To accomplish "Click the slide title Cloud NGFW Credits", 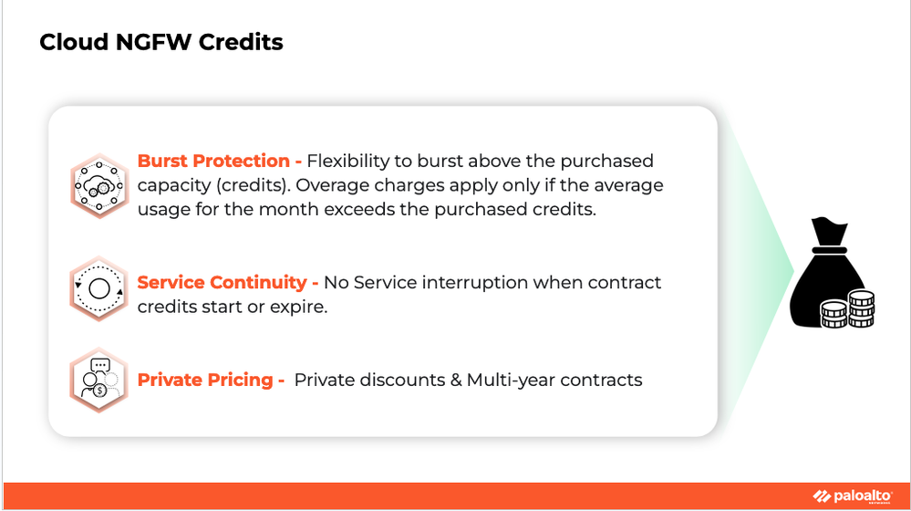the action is click(x=160, y=42).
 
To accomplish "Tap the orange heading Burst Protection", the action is click(x=213, y=161).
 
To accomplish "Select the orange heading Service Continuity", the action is click(x=222, y=282).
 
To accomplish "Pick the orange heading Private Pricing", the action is click(x=205, y=380).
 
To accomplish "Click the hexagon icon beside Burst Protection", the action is click(x=99, y=186).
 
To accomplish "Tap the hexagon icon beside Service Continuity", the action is click(x=98, y=288).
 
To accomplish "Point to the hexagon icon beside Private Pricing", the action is click(x=98, y=381).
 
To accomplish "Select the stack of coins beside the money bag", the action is click(x=848, y=309).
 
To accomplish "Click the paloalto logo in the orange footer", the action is click(x=853, y=495).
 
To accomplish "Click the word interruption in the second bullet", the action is click(x=475, y=283).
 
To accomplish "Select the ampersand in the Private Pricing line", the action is click(x=456, y=381).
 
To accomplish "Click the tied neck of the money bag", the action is click(x=829, y=250).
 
